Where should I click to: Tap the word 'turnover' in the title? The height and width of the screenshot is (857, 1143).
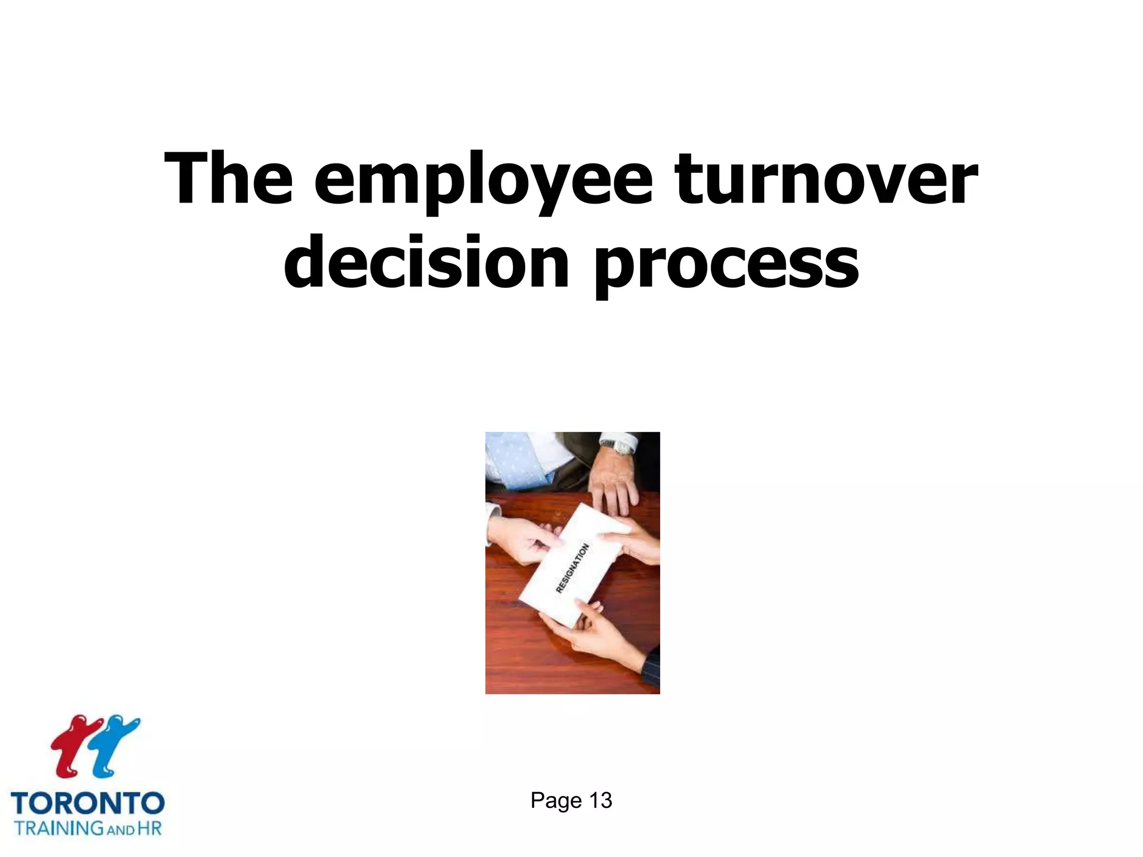point(827,180)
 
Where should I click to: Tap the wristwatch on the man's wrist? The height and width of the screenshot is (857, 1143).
point(617,447)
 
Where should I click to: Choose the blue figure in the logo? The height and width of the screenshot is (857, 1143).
point(114,745)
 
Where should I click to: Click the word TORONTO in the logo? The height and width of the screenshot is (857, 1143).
point(88,804)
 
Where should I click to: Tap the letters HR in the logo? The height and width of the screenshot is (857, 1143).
point(150,828)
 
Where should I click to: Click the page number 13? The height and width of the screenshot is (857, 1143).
point(601,801)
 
